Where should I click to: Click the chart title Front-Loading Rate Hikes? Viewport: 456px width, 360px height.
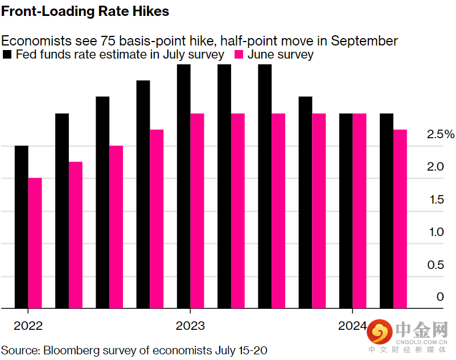pyautogui.click(x=85, y=11)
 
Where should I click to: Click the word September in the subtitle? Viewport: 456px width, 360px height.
pyautogui.click(x=364, y=42)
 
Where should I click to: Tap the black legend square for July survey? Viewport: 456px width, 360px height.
pyautogui.click(x=7, y=55)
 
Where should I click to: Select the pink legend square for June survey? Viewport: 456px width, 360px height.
pyautogui.click(x=239, y=55)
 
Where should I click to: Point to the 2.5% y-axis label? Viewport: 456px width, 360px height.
pyautogui.click(x=441, y=134)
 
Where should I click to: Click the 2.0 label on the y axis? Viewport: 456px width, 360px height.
pyautogui.click(x=436, y=167)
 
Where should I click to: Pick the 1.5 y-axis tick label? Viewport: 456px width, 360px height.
pyautogui.click(x=437, y=200)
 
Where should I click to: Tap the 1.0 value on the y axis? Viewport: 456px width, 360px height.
pyautogui.click(x=437, y=232)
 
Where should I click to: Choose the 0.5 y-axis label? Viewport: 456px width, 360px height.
pyautogui.click(x=436, y=265)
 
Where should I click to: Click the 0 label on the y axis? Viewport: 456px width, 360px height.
pyautogui.click(x=440, y=297)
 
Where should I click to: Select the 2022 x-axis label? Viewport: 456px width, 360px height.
pyautogui.click(x=28, y=326)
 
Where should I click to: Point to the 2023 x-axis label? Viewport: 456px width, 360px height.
pyautogui.click(x=190, y=326)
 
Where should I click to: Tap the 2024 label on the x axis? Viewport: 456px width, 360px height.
pyautogui.click(x=352, y=326)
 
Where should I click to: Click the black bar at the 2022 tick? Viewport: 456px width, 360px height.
pyautogui.click(x=22, y=227)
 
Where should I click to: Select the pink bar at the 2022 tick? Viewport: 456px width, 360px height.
pyautogui.click(x=35, y=243)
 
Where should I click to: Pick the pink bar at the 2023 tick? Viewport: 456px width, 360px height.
pyautogui.click(x=197, y=211)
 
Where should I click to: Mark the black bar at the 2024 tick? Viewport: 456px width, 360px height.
pyautogui.click(x=346, y=211)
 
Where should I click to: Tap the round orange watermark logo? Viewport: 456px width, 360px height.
pyautogui.click(x=380, y=332)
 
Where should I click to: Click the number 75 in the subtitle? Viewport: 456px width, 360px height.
pyautogui.click(x=108, y=41)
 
